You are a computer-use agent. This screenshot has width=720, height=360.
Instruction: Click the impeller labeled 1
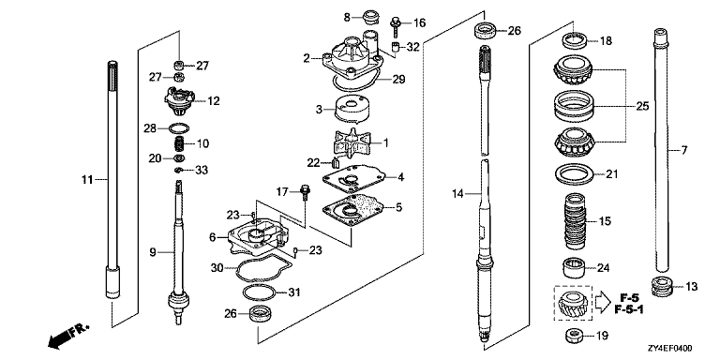pos(352,143)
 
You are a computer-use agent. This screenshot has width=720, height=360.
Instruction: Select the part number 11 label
pos(87,180)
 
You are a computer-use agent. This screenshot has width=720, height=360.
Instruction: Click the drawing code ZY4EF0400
pos(670,349)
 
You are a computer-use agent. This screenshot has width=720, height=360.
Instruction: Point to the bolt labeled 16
pos(395,26)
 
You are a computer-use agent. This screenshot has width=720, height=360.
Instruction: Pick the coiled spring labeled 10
pos(179,144)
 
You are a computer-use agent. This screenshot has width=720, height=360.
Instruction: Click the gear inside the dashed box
pos(572,304)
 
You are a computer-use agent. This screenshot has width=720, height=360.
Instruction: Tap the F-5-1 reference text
pos(629,310)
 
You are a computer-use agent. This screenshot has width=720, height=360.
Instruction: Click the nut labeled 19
pos(573,337)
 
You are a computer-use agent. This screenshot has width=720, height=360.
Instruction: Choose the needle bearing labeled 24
pos(573,268)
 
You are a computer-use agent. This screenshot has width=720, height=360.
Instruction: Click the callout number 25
pos(642,107)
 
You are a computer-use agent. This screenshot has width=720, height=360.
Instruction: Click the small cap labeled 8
pos(369,18)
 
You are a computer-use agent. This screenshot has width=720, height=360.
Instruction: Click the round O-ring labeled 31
pos(259,292)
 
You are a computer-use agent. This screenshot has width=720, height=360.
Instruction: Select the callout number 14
pos(457,194)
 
